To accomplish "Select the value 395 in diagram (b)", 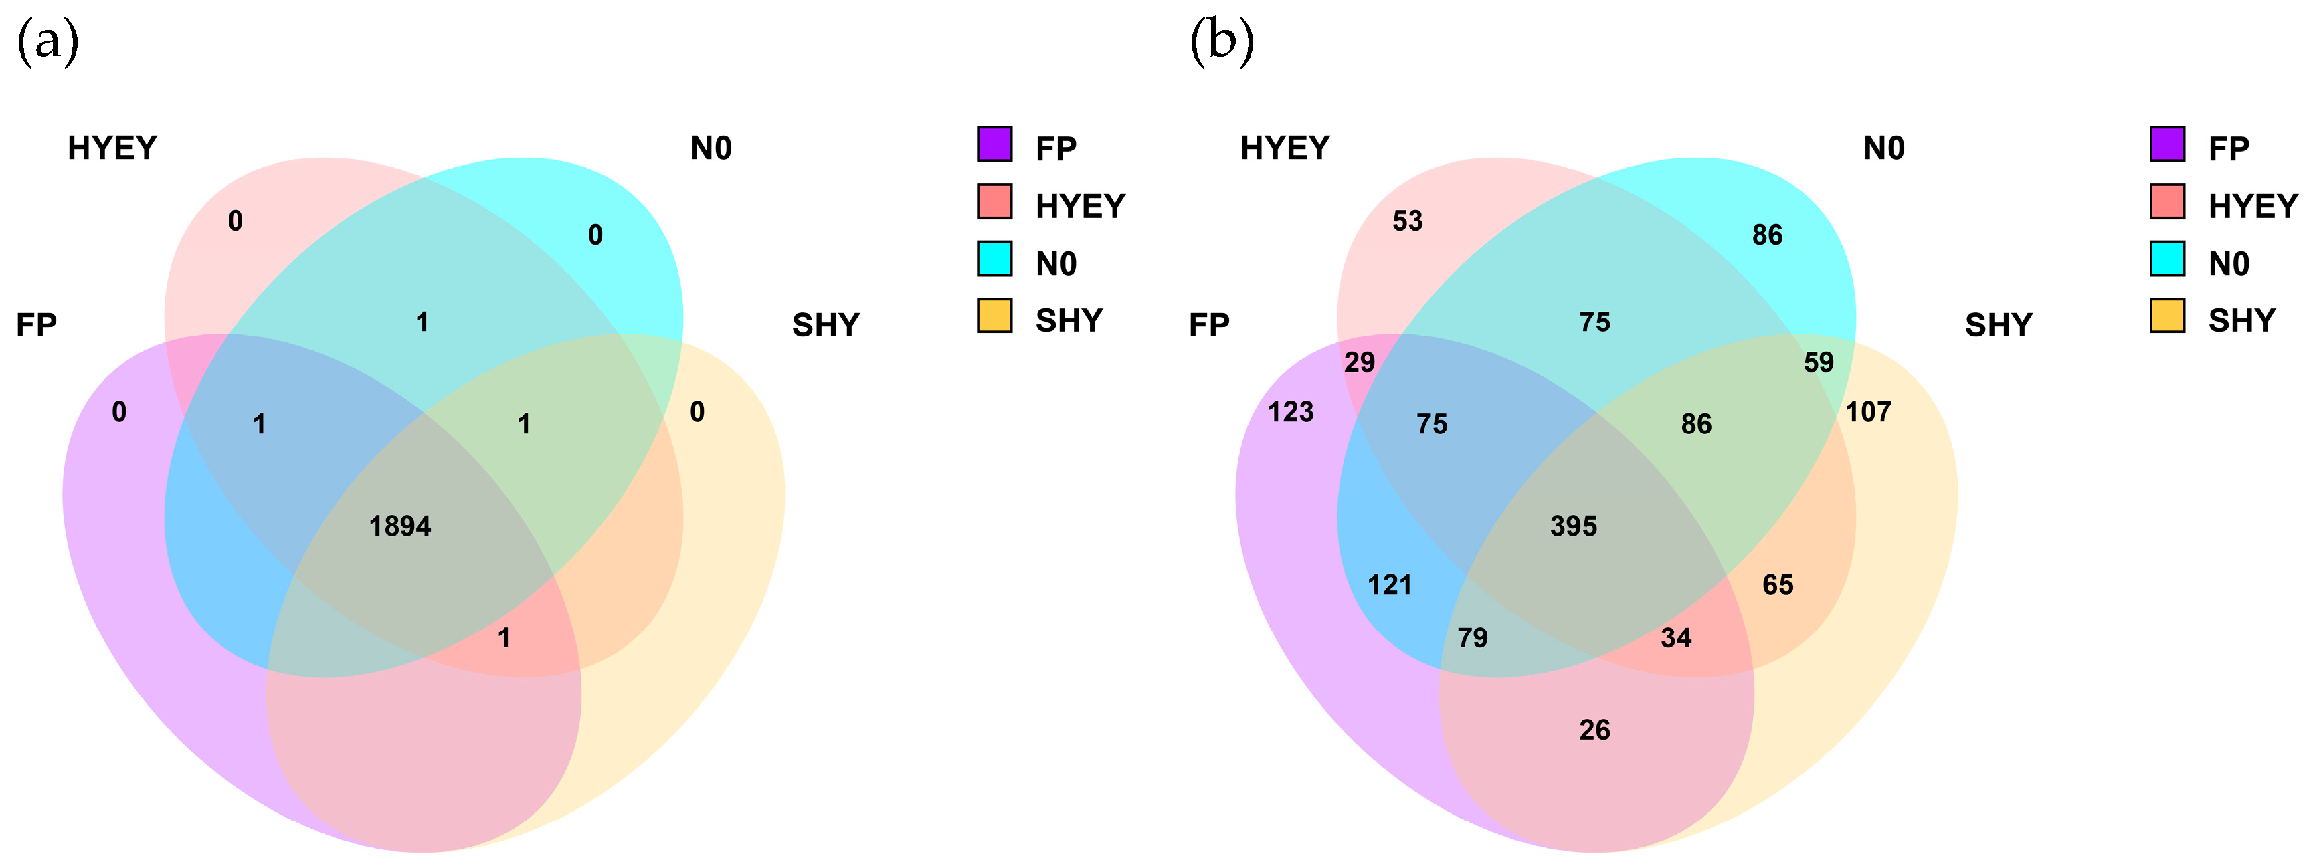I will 1573,526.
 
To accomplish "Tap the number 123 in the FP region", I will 1290,412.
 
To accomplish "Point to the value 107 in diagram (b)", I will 1868,412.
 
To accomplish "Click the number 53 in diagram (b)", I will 1407,221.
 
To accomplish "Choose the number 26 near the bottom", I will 1594,730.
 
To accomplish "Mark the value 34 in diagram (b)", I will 1675,638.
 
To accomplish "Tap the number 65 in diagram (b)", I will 1778,585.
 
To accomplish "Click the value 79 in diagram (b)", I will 1472,638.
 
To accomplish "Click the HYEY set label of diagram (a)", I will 112,148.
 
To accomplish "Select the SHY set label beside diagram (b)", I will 1998,325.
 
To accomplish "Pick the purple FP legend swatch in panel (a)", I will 994,144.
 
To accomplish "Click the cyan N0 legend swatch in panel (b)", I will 2166,259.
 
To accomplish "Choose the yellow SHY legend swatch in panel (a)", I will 994,316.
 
